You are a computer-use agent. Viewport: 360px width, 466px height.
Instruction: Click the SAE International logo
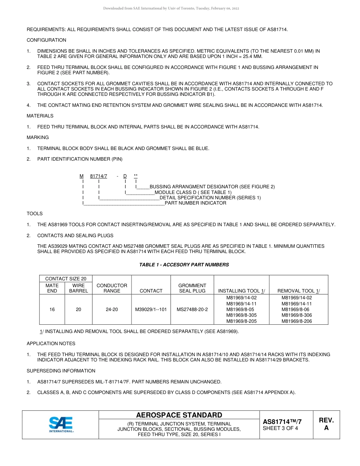pyautogui.click(x=61, y=424)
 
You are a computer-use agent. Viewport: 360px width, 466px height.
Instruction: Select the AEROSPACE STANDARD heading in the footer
pyautogui.click(x=179, y=415)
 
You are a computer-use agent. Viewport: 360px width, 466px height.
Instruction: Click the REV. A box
pyautogui.click(x=326, y=424)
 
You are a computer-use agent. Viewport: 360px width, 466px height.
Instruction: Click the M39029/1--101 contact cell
pyautogui.click(x=151, y=310)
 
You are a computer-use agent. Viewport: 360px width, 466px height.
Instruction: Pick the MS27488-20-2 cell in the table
pyautogui.click(x=192, y=310)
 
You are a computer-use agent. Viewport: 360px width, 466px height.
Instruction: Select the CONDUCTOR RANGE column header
pyautogui.click(x=112, y=288)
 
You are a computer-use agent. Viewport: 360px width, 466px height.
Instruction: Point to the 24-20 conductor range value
pyautogui.click(x=112, y=310)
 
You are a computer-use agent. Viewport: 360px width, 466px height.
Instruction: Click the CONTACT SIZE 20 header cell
pyautogui.click(x=66, y=279)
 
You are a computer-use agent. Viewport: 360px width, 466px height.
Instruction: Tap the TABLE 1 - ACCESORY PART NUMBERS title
pyautogui.click(x=184, y=265)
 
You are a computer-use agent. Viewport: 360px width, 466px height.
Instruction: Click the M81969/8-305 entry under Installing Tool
pyautogui.click(x=241, y=315)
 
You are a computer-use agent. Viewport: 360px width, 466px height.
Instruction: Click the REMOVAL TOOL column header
pyautogui.click(x=299, y=291)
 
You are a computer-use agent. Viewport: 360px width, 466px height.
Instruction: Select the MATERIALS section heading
pyautogui.click(x=40, y=116)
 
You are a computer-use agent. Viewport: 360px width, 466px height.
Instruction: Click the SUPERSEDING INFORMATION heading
pyautogui.click(x=61, y=371)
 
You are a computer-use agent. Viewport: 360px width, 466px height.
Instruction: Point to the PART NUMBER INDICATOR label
pyautogui.click(x=195, y=203)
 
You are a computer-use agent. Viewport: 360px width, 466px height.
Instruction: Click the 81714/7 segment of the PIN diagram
pyautogui.click(x=99, y=176)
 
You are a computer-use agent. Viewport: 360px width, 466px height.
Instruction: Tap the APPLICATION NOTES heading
pyautogui.click(x=51, y=344)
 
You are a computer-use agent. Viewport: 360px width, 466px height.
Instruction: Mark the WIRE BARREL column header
pyautogui.click(x=78, y=288)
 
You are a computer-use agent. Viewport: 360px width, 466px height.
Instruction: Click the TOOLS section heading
pyautogui.click(x=34, y=214)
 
